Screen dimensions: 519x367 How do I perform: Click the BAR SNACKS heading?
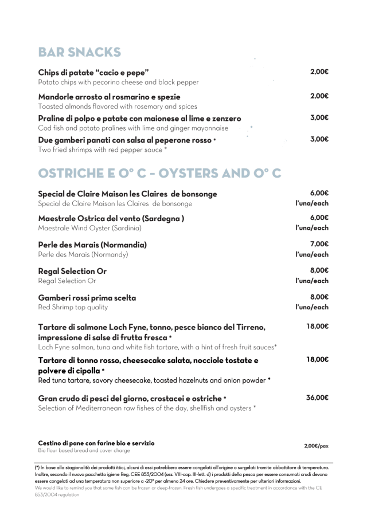tap(79, 52)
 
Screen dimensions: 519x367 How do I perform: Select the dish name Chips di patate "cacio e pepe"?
tap(93, 73)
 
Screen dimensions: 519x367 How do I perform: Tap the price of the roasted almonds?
tap(319, 96)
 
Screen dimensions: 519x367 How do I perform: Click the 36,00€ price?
tap(317, 398)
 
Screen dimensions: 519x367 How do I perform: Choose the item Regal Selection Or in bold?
tap(72, 271)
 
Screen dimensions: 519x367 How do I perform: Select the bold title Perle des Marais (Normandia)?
tap(92, 245)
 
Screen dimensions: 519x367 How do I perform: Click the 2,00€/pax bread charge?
tap(316, 446)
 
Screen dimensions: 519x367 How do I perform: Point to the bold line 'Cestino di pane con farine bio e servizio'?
tap(96, 443)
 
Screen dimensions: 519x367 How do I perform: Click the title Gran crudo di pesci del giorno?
tap(130, 398)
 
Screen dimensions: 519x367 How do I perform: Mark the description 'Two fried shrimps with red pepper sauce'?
tap(101, 150)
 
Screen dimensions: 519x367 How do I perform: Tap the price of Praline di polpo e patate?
tap(319, 117)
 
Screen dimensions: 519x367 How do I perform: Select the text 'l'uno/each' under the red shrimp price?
tap(312, 308)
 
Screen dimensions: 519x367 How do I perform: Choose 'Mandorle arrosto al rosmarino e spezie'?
tap(109, 96)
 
